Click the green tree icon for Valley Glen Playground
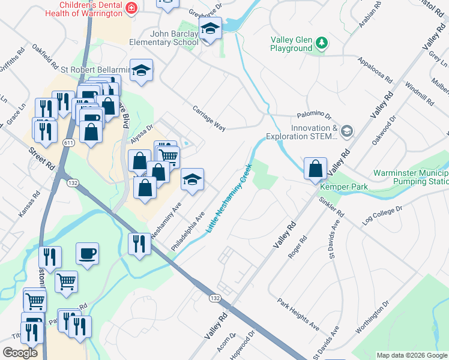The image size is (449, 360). (x=322, y=42)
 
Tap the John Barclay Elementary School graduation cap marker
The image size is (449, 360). (x=210, y=29)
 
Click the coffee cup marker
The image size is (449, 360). (x=88, y=253)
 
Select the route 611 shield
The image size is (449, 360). (x=68, y=142)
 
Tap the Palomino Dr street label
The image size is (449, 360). (x=314, y=115)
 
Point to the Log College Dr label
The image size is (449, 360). (x=382, y=217)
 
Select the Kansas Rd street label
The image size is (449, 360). (x=36, y=201)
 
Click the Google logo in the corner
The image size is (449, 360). (x=20, y=352)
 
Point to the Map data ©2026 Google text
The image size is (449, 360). (x=411, y=355)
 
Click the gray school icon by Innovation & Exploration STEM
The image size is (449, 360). (x=346, y=131)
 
